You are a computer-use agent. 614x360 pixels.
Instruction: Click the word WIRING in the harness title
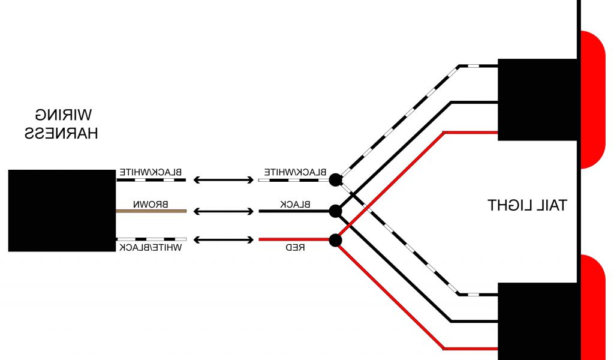coord(62,115)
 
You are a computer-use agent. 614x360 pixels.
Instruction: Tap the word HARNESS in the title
coord(61,133)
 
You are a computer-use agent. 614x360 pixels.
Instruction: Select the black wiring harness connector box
coord(61,210)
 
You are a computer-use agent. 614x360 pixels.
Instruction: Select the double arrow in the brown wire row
coord(222,211)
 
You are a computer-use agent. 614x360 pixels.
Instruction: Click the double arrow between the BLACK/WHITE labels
coord(222,179)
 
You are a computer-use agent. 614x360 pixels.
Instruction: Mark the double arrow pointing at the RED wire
coord(222,240)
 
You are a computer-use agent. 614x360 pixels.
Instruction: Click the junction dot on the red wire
coord(336,241)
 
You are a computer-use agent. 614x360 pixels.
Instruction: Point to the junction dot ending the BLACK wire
coord(336,211)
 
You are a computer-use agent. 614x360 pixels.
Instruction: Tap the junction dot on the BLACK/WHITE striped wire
coord(336,179)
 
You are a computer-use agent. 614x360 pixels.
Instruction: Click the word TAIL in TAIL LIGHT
coord(552,205)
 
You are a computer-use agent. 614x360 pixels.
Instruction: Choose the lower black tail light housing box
coord(537,321)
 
